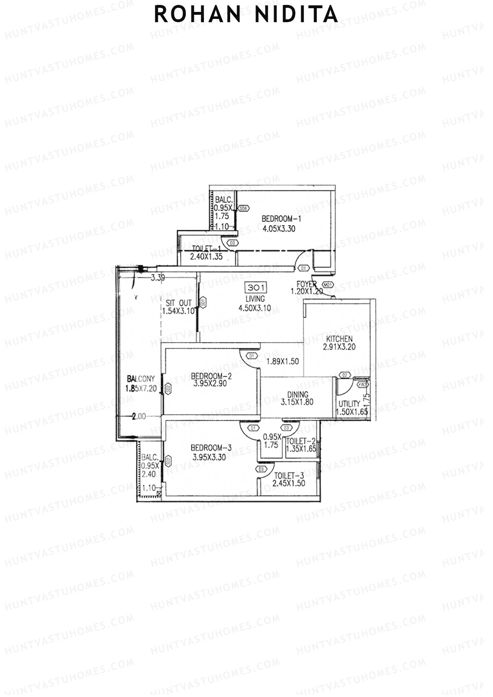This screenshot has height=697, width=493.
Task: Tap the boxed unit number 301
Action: point(255,288)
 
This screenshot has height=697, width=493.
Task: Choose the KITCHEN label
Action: point(339,339)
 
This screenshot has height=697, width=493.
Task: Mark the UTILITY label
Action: point(349,403)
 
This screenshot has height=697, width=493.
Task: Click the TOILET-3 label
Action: point(290,476)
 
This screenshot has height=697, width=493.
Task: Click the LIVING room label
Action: point(255,299)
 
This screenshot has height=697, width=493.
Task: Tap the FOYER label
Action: point(306,284)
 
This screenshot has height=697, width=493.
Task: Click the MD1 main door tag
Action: point(328,284)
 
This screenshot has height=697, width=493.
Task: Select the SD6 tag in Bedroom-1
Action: point(244,208)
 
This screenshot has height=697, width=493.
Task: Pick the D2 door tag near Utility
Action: point(345,375)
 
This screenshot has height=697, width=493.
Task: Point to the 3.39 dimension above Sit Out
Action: point(158,278)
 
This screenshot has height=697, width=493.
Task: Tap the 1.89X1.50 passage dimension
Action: point(282,361)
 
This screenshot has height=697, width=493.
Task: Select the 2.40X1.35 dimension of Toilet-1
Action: point(206,257)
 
